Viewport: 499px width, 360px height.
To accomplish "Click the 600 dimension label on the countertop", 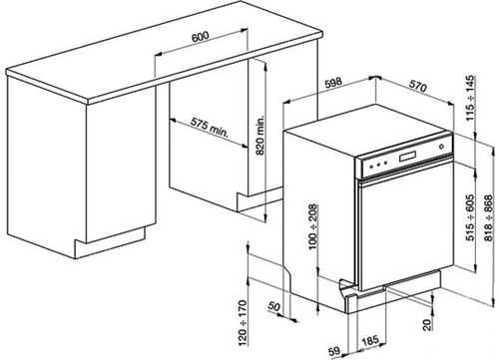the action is [200, 36].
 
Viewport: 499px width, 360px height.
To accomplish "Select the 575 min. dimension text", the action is [210, 128].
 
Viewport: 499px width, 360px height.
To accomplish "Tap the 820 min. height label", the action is [260, 136].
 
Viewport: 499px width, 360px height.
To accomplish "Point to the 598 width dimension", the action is [333, 82].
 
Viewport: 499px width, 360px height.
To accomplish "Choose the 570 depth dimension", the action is [417, 86].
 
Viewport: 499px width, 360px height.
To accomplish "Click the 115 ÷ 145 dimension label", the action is [470, 99].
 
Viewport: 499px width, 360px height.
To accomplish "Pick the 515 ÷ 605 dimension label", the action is [470, 217].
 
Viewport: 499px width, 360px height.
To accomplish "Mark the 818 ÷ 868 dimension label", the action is [488, 218].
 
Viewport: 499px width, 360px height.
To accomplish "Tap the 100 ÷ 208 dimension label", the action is [313, 226].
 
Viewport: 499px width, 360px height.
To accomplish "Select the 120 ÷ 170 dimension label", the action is [244, 323].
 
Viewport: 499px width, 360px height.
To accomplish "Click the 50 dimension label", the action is [274, 306].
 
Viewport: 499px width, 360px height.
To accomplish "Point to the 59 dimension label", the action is [334, 351].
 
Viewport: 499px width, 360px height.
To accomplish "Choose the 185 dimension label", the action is [370, 341].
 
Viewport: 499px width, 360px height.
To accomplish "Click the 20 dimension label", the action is [427, 324].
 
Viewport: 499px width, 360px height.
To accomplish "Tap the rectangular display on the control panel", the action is [407, 156].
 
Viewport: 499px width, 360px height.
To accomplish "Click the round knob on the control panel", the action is [441, 146].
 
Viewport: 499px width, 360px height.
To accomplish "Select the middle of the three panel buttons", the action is [378, 164].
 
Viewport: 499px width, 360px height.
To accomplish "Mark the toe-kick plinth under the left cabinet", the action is [110, 242].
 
